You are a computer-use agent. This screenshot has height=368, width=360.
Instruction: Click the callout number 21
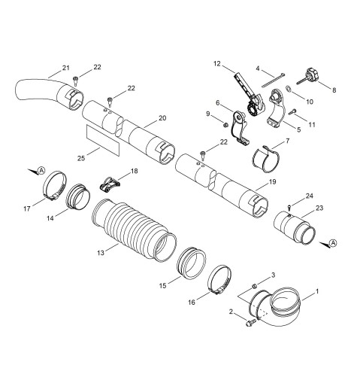pos(65,68)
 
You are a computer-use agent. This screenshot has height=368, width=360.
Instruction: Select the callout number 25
pos(81,158)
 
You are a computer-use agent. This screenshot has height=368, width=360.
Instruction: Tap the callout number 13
pos(101,253)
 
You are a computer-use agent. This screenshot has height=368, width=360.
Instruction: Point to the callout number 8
pos(334,90)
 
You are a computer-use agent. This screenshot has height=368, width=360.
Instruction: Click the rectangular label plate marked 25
pos(103,139)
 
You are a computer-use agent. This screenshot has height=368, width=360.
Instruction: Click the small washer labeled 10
pos(289,88)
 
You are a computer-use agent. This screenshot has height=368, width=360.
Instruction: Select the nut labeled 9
pos(225,124)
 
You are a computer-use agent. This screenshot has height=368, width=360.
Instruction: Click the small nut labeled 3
pos(254,286)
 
